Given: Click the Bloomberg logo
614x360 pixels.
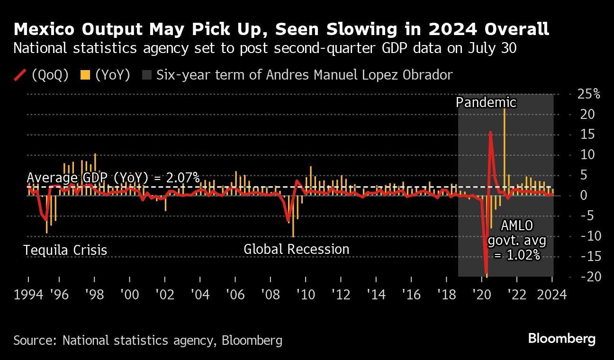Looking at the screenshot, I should click(x=561, y=339).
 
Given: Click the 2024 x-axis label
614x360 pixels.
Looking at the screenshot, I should click(x=551, y=295).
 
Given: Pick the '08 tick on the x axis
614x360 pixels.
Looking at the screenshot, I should click(x=270, y=295).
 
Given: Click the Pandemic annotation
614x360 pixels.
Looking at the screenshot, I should click(x=486, y=102).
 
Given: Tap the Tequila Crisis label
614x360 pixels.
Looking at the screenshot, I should click(x=65, y=250).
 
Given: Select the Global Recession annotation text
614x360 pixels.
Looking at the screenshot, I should click(x=296, y=249).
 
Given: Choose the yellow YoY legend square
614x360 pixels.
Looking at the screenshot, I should click(x=85, y=75).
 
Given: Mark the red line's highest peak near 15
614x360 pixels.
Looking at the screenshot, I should click(x=490, y=132).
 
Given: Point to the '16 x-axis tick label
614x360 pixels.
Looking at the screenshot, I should click(x=411, y=295).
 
